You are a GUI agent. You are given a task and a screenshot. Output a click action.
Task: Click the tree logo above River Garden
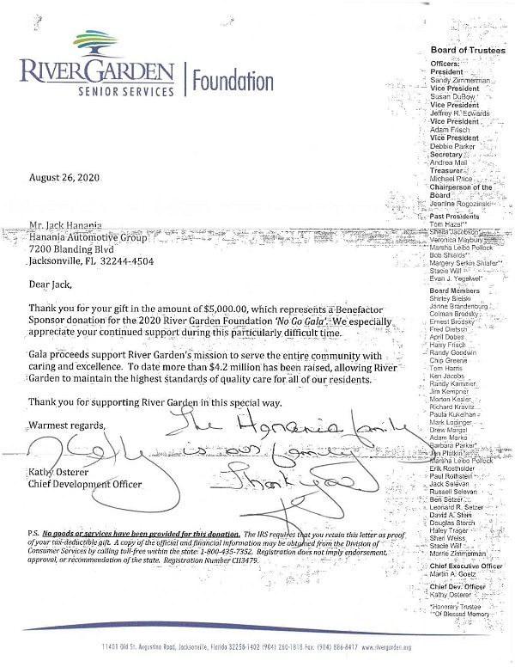pyautogui.click(x=95, y=44)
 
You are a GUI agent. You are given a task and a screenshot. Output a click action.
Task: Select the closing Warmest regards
pyautogui.click(x=67, y=425)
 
